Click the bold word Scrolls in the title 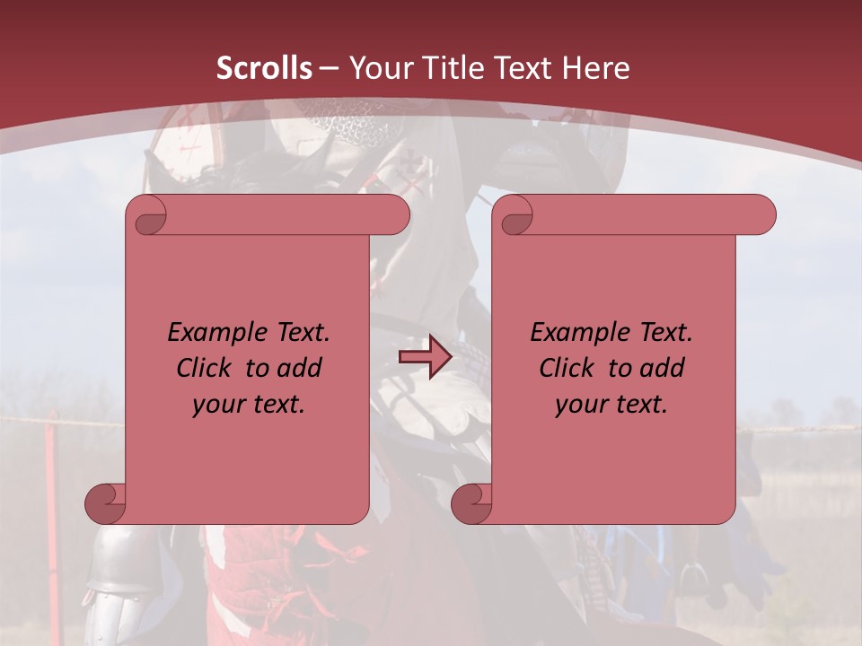[264, 68]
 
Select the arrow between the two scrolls [425, 357]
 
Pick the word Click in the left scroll [202, 368]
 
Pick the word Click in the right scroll [566, 368]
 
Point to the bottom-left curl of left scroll [105, 503]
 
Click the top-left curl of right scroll [514, 215]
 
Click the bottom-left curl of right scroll [471, 503]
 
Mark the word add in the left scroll [300, 368]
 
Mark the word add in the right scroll [663, 368]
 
